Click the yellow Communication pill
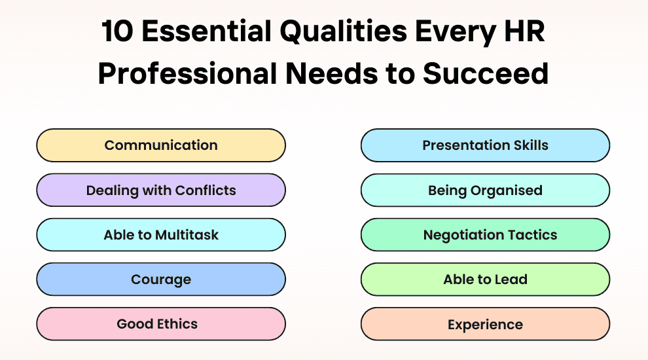(x=161, y=145)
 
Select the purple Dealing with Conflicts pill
(x=161, y=190)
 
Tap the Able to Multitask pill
(x=161, y=235)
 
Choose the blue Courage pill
(x=161, y=279)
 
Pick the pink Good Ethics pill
(x=161, y=324)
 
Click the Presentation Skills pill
(x=485, y=145)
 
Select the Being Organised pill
(x=485, y=190)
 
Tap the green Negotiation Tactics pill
(x=485, y=235)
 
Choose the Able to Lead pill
(x=485, y=279)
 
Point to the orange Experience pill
(x=485, y=324)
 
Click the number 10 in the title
(x=117, y=31)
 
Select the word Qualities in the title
(x=344, y=32)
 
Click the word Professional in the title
(x=187, y=73)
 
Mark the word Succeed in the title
(x=486, y=73)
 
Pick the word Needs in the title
(x=331, y=73)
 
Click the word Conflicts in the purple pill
(x=206, y=190)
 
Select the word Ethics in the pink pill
(x=177, y=324)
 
